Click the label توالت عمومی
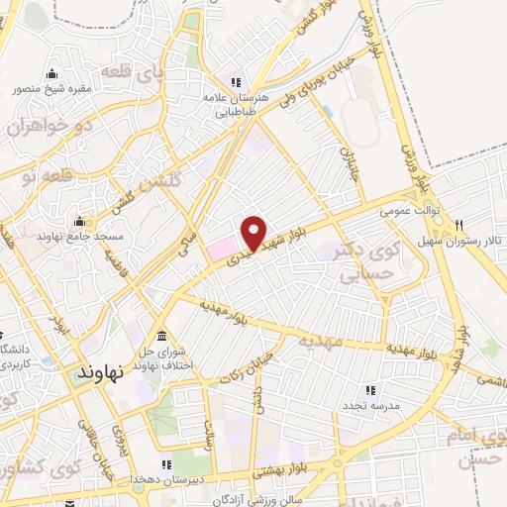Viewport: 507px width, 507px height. point(407,211)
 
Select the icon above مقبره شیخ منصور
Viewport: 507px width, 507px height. point(51,72)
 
